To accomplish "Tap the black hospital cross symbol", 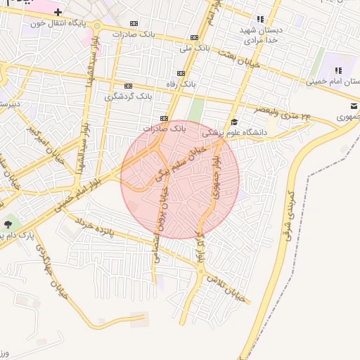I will [58, 13].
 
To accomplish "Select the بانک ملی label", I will [195, 48].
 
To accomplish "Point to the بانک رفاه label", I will [181, 84].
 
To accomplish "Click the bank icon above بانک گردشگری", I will [129, 85].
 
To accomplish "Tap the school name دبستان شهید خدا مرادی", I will [260, 36].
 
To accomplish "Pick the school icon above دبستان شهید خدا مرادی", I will [260, 19].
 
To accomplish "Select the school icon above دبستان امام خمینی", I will [338, 70].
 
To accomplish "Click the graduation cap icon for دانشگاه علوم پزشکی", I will [234, 122].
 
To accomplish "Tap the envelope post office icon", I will [349, 105].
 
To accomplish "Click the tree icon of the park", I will [8, 224].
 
